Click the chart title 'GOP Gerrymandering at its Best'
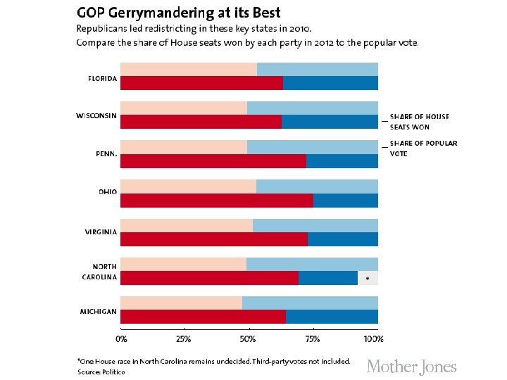pyautogui.click(x=178, y=13)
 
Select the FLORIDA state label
pyautogui.click(x=102, y=78)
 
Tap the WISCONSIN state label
pyautogui.click(x=96, y=116)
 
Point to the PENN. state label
pyautogui.click(x=106, y=155)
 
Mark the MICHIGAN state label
pyautogui.click(x=99, y=311)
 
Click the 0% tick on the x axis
pyautogui.click(x=121, y=339)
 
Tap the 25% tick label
pyautogui.click(x=184, y=339)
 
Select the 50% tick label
pyautogui.click(x=249, y=339)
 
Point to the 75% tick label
pyautogui.click(x=313, y=339)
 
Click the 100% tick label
pyautogui.click(x=373, y=339)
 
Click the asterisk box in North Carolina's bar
pyautogui.click(x=368, y=278)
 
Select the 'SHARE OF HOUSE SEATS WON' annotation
pyautogui.click(x=419, y=122)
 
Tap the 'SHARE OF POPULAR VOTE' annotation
pyautogui.click(x=423, y=148)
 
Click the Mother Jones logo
pyautogui.click(x=412, y=367)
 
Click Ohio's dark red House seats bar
pyautogui.click(x=217, y=201)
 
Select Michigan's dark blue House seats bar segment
pyautogui.click(x=332, y=317)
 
